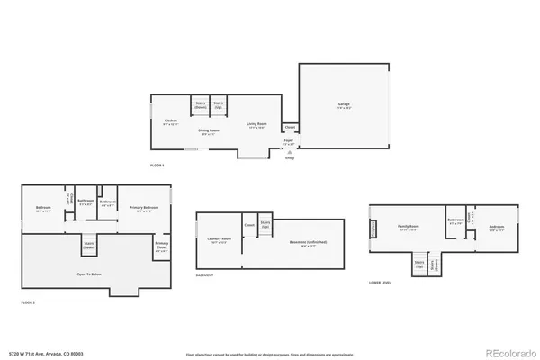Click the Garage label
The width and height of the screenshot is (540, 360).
coord(343,105)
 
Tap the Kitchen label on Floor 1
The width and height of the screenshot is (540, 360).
coord(170,121)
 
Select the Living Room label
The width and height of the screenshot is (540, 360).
coord(256,125)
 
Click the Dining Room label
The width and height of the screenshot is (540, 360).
coord(209,131)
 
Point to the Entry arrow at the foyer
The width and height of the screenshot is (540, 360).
coord(289,154)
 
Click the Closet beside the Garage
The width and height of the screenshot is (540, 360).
coord(290,128)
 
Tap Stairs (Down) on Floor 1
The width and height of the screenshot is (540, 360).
coord(200,104)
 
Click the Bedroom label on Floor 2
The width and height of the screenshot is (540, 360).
coord(42,208)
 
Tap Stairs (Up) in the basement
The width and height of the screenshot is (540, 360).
coord(265,224)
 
